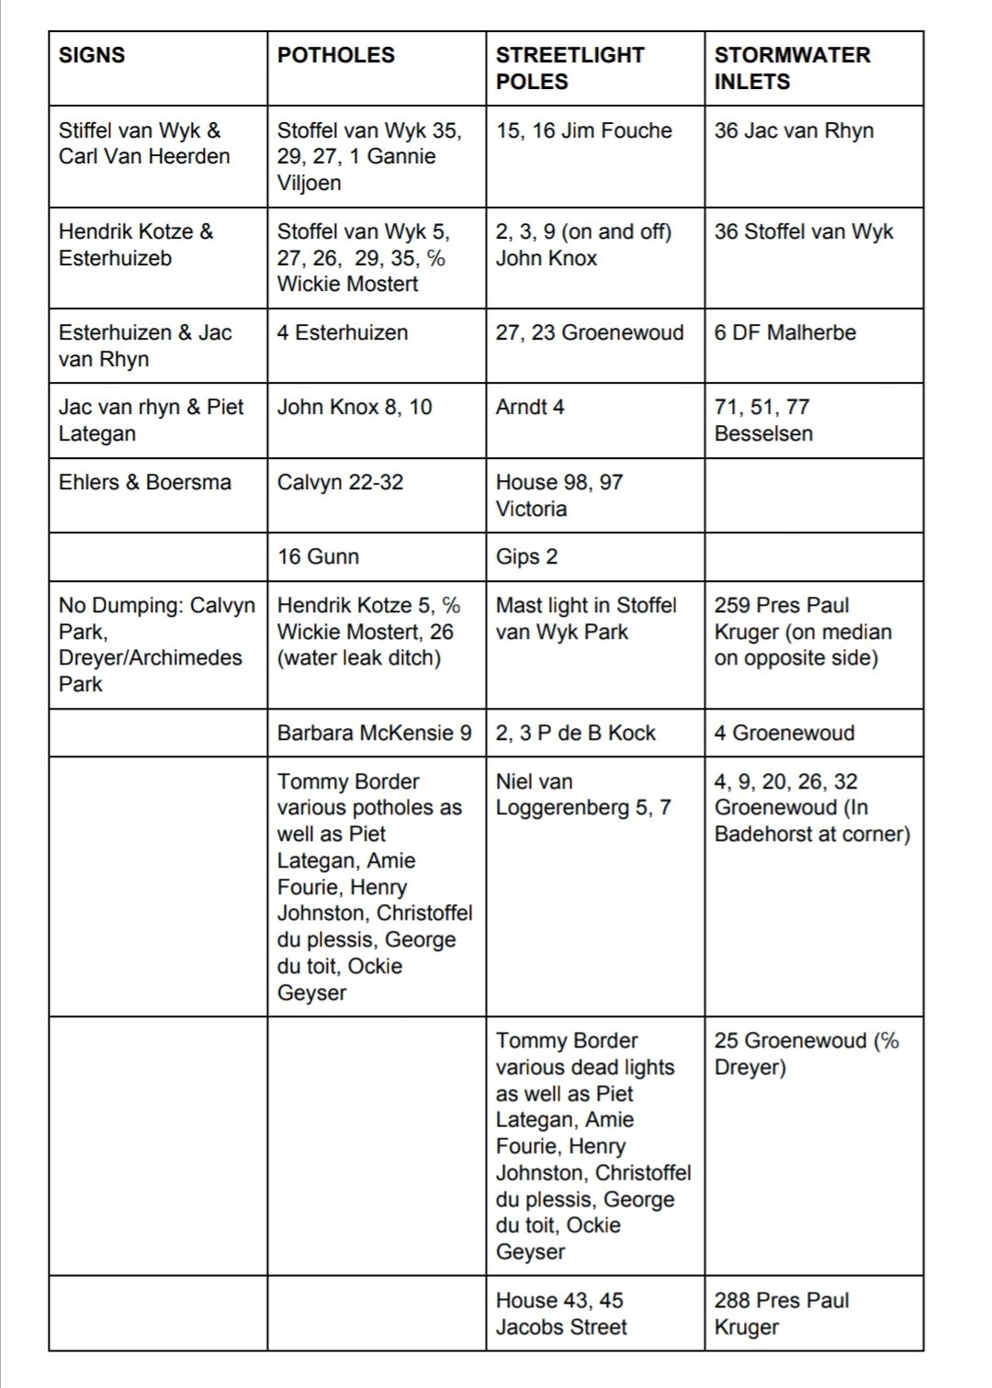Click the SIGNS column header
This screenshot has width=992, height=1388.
point(92,55)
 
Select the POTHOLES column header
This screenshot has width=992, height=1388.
point(335,55)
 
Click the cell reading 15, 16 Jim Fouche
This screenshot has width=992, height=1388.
point(583,130)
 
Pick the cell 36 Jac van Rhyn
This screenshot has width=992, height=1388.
point(794,130)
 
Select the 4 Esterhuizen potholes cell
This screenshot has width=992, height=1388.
point(342,332)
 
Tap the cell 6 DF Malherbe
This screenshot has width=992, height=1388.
point(784,332)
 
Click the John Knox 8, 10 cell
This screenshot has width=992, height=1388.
point(354,407)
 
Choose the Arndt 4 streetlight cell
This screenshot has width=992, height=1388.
point(530,407)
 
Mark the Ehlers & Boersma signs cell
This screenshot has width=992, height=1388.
point(144,482)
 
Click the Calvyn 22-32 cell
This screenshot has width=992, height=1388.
point(340,482)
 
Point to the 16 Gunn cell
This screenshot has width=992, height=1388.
point(318,556)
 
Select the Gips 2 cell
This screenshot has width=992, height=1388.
point(526,556)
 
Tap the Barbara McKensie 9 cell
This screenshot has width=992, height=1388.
point(374,733)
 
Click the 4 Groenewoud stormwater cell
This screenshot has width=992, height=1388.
point(783,733)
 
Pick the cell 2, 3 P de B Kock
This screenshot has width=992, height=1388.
point(575,733)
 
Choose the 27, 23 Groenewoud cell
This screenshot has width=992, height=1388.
point(589,332)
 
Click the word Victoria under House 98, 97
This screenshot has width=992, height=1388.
point(531,509)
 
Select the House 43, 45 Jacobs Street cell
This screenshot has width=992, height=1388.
point(560,1313)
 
